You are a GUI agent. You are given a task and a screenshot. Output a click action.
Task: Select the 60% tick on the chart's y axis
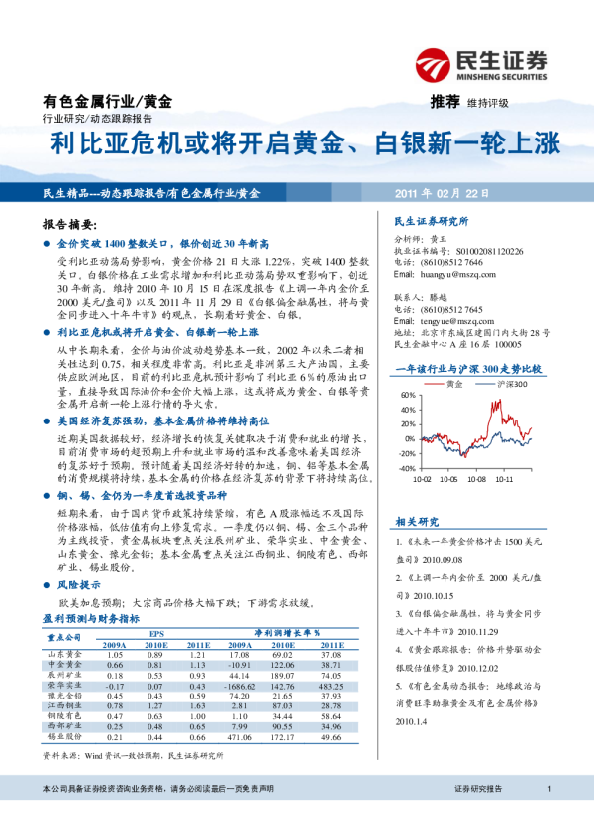pyautogui.click(x=409, y=395)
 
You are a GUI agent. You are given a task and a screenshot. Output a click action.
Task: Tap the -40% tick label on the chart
pyautogui.click(x=407, y=468)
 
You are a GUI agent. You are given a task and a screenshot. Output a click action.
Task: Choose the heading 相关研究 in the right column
pyautogui.click(x=417, y=521)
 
